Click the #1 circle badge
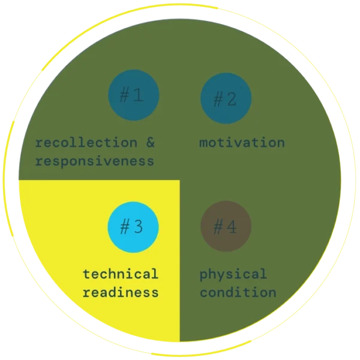(133, 95)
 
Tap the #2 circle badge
(226, 98)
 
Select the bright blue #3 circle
(133, 227)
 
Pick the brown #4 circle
(226, 227)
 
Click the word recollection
(86, 143)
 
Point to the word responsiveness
(94, 161)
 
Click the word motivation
(242, 143)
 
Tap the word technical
(121, 274)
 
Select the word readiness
(121, 293)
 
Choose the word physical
(233, 274)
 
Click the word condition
(238, 293)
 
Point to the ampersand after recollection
(150, 143)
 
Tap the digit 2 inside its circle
(232, 98)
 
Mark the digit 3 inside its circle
(139, 227)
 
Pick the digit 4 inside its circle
(232, 227)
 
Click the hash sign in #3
(125, 227)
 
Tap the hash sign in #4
(218, 227)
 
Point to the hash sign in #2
(218, 98)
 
